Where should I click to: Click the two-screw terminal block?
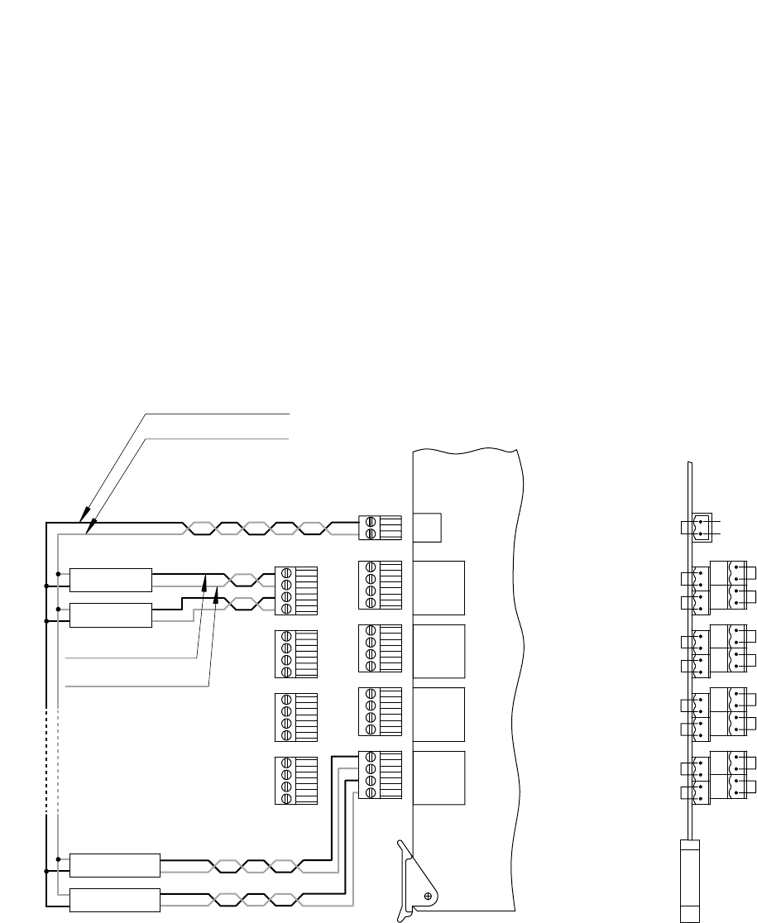pyautogui.click(x=380, y=528)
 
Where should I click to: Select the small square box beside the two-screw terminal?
pyautogui.click(x=426, y=527)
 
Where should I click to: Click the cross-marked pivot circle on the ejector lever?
pyautogui.click(x=429, y=895)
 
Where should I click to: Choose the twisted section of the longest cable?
pyautogui.click(x=261, y=528)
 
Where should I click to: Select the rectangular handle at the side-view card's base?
pyautogui.click(x=689, y=880)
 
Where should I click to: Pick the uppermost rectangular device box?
pyautogui.click(x=111, y=580)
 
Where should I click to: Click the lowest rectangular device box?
pyautogui.click(x=114, y=900)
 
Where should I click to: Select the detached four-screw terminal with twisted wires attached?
pyautogui.click(x=295, y=591)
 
